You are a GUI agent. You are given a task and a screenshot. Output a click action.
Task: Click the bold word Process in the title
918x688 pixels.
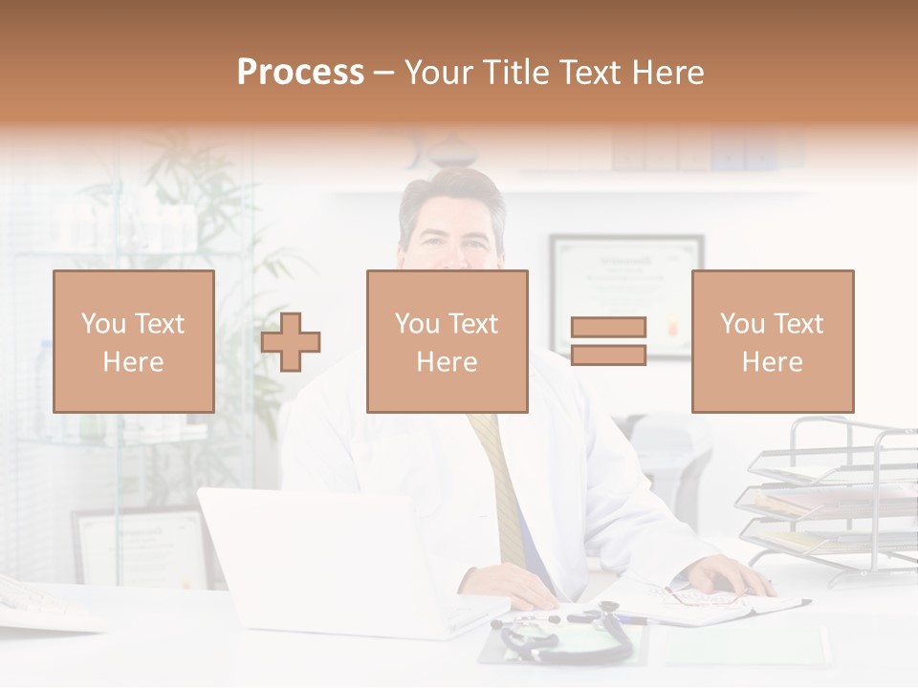click(300, 73)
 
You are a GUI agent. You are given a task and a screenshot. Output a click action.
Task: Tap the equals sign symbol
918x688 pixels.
click(608, 341)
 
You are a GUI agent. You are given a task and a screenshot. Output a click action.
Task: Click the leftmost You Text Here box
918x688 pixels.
click(134, 341)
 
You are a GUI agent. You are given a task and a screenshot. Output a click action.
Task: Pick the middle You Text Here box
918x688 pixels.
click(448, 341)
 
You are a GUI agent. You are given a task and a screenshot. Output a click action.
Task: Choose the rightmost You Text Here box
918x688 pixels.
click(773, 341)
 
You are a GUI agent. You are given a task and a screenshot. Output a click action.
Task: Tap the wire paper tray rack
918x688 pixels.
click(832, 497)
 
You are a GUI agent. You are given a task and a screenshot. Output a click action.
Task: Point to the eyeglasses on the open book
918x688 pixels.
click(703, 598)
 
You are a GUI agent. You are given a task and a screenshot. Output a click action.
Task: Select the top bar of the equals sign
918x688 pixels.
click(608, 327)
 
